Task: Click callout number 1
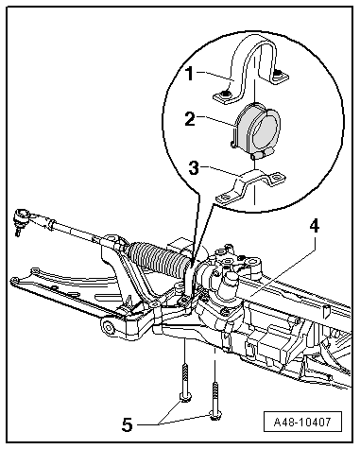189,74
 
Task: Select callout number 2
190,119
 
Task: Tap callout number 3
194,167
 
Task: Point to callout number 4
314,227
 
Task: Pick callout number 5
128,425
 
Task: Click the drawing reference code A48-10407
302,422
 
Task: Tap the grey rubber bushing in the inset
256,130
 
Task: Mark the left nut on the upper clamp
226,94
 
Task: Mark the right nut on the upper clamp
277,74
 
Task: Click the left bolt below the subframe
184,382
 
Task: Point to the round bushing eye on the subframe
109,328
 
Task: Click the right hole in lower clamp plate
275,178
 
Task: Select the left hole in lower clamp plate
226,199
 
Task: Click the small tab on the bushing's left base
233,145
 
